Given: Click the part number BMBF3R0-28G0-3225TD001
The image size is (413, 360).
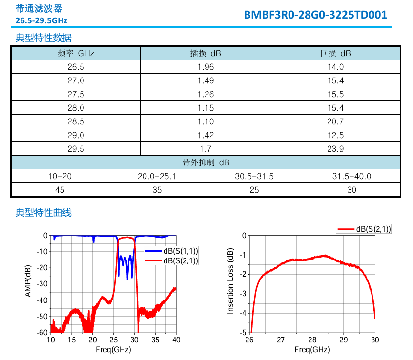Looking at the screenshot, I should point(315,15).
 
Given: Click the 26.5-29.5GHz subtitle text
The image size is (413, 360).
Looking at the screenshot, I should point(41,20).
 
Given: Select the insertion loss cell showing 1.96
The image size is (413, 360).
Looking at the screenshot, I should point(206,67).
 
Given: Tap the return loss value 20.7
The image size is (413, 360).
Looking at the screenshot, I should point(335,121).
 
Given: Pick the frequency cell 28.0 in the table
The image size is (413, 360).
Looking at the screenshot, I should point(76,108).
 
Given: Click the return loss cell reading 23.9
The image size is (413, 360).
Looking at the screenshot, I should point(335,149).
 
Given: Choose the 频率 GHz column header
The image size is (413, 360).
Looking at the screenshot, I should point(76,53).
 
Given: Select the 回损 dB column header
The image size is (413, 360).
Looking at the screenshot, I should point(335,53).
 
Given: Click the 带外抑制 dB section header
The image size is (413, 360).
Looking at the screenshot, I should point(206,162).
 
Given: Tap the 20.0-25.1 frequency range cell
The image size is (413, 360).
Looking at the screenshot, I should point(157,176).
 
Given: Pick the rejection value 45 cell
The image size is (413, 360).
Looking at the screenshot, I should point(60,190).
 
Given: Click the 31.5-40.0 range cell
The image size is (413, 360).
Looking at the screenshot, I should point(351,176).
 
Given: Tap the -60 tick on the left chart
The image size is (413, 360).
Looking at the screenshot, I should point(42,333).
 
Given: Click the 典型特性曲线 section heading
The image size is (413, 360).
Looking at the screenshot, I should point(43,212).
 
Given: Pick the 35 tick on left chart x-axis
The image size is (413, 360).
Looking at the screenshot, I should point(155,340).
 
